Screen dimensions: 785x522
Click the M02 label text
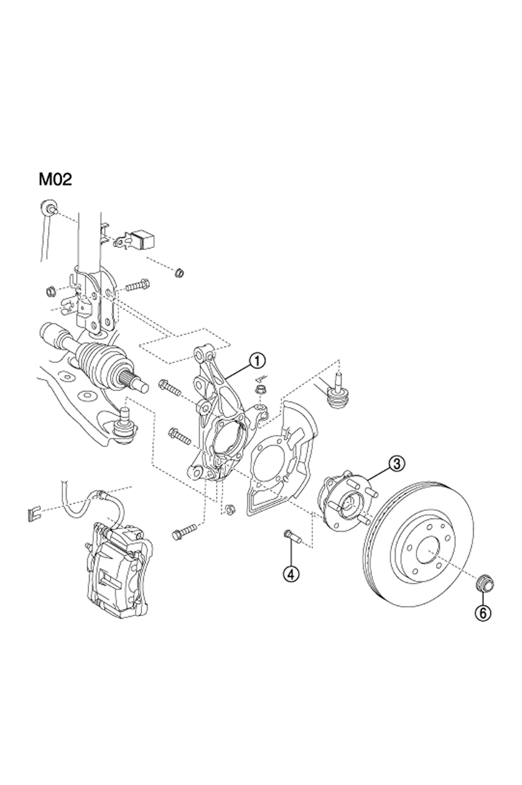coord(55,179)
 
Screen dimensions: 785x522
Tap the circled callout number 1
coord(257,359)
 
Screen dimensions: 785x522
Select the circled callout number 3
coord(397,464)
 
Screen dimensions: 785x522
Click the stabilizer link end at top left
coord(49,206)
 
